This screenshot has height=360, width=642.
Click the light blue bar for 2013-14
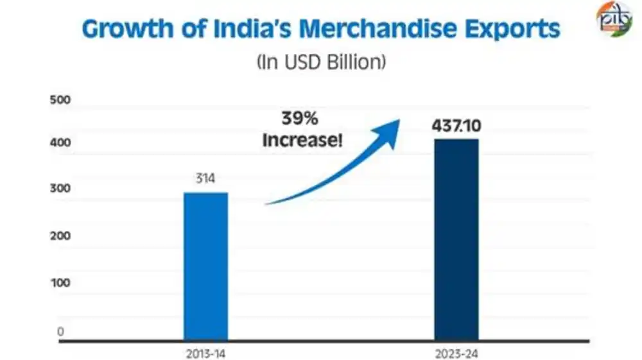pyautogui.click(x=205, y=266)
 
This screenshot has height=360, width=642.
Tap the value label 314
pyautogui.click(x=205, y=179)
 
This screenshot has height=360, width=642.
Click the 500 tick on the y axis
pyautogui.click(x=59, y=101)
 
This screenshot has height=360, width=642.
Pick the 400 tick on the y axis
pyautogui.click(x=59, y=144)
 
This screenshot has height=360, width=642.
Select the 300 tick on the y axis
pyautogui.click(x=59, y=189)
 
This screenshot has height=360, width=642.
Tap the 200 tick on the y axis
pyautogui.click(x=59, y=236)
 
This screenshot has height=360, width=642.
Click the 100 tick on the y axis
pyautogui.click(x=59, y=283)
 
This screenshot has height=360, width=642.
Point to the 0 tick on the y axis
pyautogui.click(x=60, y=332)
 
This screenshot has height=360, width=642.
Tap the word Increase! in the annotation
pyautogui.click(x=302, y=139)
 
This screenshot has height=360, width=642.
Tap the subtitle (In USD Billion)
pyautogui.click(x=321, y=62)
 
